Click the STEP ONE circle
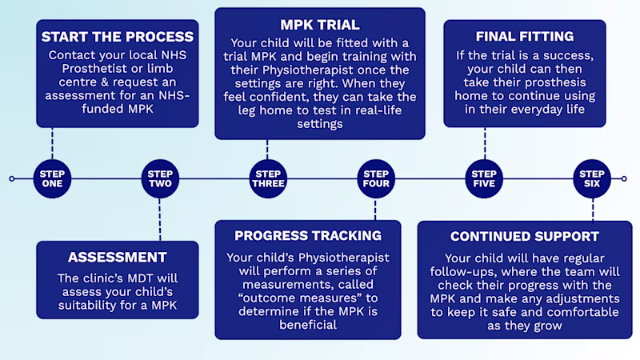[x=53, y=178]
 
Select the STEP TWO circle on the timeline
[x=160, y=178]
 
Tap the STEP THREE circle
[x=268, y=178]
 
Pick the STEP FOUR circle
[x=375, y=178]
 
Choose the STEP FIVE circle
[x=484, y=178]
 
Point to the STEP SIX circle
[x=592, y=178]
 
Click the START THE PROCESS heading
[x=117, y=37]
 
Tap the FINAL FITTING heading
[x=524, y=37]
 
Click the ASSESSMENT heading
[x=117, y=257]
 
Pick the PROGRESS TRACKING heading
[x=308, y=236]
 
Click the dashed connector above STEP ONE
[x=53, y=144]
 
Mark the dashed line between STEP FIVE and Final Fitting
[x=484, y=144]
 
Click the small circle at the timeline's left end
[x=11, y=178]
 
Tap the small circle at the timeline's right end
[x=629, y=178]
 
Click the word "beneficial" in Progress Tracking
[x=308, y=326]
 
